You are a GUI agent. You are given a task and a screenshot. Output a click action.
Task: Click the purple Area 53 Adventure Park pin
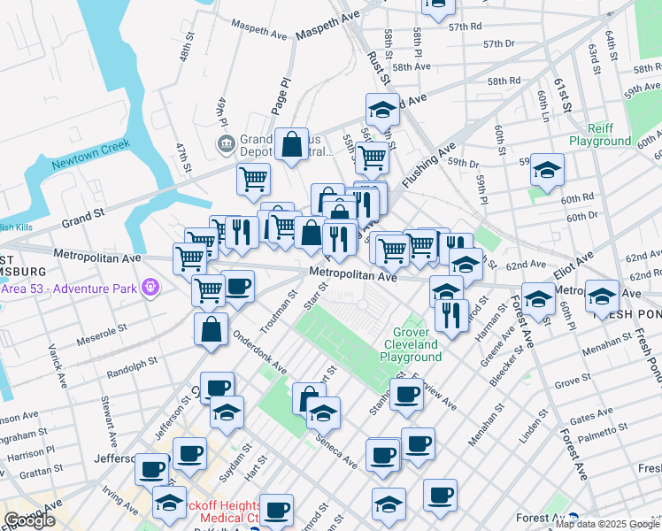point(151,288)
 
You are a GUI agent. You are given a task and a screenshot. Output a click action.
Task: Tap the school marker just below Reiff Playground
point(547,169)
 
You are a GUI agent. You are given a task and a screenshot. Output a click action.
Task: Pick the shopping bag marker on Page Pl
point(291,145)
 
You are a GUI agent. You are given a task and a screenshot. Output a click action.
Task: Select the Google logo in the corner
point(29,520)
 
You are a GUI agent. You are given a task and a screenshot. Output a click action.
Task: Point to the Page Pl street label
point(285,93)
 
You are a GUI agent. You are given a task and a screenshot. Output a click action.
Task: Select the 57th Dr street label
point(499,43)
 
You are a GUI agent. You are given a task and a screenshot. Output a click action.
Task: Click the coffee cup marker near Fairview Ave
point(406,395)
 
